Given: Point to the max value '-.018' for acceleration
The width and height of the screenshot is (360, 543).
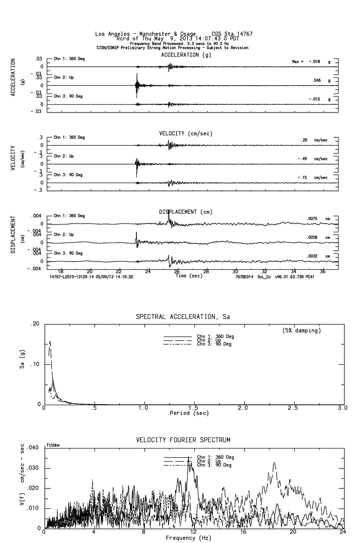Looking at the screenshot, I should point(314,62).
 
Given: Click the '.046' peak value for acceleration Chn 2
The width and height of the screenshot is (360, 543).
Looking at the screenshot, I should point(317,80).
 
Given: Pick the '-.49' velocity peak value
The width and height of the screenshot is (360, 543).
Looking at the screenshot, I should point(304,159).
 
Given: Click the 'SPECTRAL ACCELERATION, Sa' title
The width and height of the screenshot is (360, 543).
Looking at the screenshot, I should point(183,317).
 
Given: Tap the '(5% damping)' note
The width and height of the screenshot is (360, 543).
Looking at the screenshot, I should point(301,331).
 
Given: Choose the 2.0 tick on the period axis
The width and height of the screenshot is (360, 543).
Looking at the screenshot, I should point(243,407).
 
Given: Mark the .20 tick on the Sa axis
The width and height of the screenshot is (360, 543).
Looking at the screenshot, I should point(35,324).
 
